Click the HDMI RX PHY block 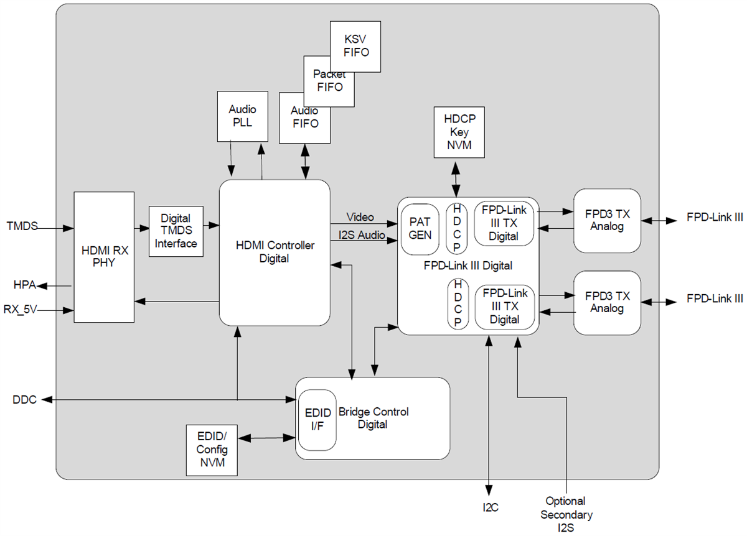click(x=104, y=257)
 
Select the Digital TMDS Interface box click(x=176, y=231)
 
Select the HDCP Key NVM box click(x=456, y=132)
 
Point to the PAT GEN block click(x=420, y=228)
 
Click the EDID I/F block click(x=317, y=420)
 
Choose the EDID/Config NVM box click(x=212, y=450)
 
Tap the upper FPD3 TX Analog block click(x=607, y=220)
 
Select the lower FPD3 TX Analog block click(x=607, y=302)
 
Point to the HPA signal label click(x=24, y=285)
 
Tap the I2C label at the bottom click(x=490, y=507)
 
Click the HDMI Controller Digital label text click(x=274, y=252)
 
